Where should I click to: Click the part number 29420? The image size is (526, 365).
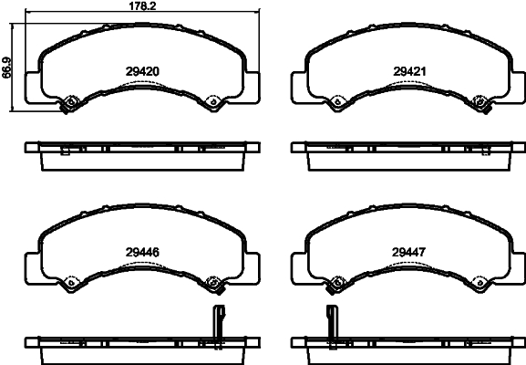142,71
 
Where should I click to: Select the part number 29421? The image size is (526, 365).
409,71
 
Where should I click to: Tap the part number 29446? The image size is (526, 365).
142,252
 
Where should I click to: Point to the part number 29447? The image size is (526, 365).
409,252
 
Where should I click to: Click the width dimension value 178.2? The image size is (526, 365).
142,5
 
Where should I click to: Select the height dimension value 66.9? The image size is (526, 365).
6,68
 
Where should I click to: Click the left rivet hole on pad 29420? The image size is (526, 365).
70,101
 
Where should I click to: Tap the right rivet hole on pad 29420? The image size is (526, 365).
213,101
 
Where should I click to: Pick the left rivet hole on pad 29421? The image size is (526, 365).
337,101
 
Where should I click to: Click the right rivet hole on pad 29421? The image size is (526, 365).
480,101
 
